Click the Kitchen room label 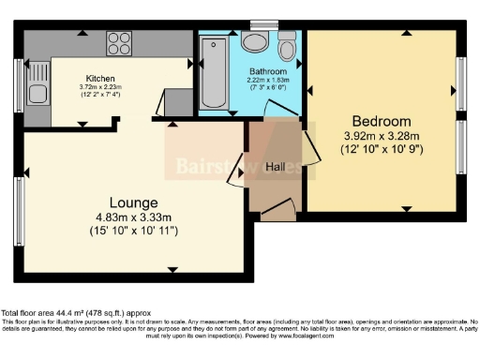tap(100, 78)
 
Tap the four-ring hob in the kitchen tap(119, 43)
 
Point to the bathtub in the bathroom tap(214, 73)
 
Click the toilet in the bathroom tap(287, 47)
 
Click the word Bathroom tap(267, 71)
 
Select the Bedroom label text tap(381, 122)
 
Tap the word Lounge tap(134, 202)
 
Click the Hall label tap(276, 167)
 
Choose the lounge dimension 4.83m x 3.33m tap(134, 217)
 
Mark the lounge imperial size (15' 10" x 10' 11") tap(134, 231)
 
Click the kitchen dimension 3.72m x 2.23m tap(100, 86)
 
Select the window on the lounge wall tap(19, 211)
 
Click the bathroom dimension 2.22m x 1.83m tap(267, 80)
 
